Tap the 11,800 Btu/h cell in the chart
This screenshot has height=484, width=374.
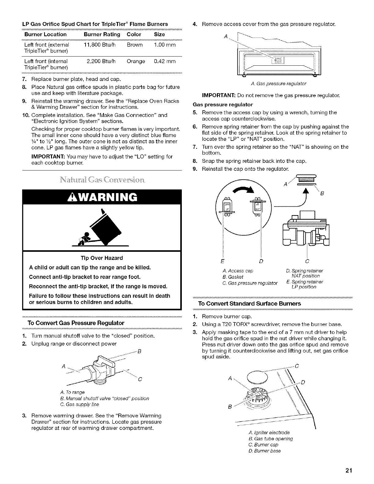pos(99,45)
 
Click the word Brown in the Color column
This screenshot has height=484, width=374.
pos(135,45)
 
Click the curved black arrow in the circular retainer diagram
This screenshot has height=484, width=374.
pos(244,191)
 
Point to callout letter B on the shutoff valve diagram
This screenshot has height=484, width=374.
pos(139,351)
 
